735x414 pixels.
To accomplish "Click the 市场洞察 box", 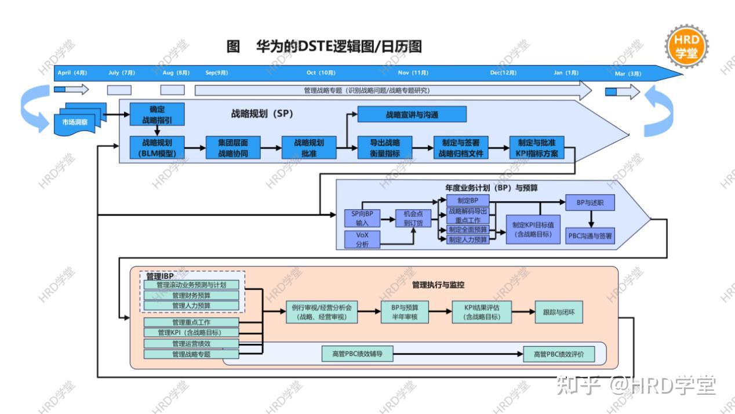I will click(75, 122).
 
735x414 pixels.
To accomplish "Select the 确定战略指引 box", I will click(157, 114).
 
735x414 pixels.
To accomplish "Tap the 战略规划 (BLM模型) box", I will click(157, 148).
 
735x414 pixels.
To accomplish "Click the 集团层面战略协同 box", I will click(232, 148).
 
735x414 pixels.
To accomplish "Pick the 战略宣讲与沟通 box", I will click(412, 115).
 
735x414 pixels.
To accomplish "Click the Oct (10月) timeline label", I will click(321, 73).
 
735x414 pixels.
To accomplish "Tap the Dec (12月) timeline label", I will click(503, 73).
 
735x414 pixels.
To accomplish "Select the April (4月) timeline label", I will click(72, 73).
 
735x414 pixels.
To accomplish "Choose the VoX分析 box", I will click(362, 239).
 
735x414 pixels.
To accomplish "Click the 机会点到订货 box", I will click(413, 218).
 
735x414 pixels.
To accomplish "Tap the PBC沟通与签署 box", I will click(590, 235).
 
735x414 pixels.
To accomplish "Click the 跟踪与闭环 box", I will click(559, 312).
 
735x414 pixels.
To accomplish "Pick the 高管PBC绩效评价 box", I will click(559, 354).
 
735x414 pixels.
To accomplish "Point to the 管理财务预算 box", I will click(191, 295).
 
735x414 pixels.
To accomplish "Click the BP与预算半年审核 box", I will click(405, 312).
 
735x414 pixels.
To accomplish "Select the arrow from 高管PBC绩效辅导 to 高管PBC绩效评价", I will click(458, 354).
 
